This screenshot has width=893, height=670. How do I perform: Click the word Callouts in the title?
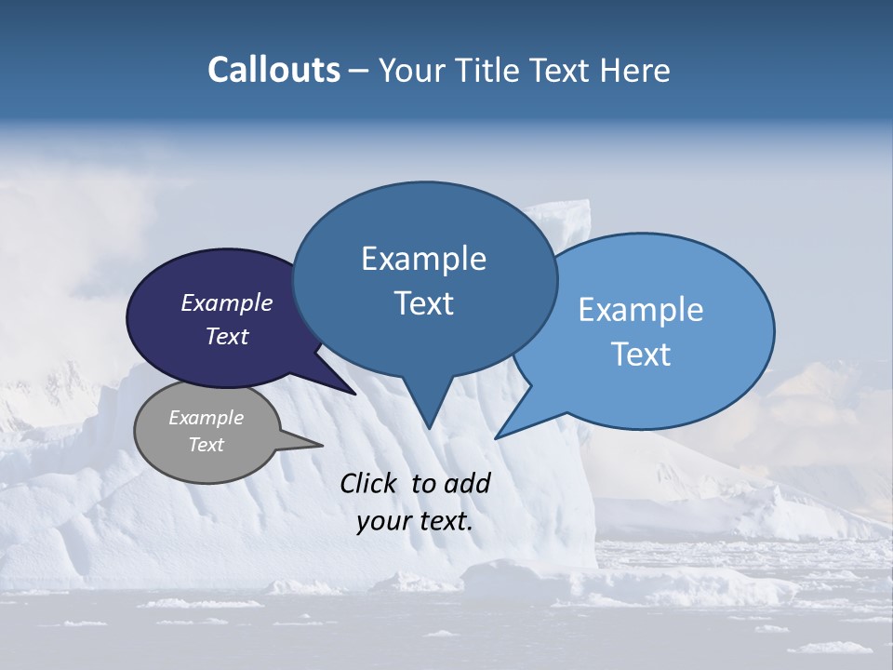pos(273,70)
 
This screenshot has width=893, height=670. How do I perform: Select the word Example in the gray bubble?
pos(206,418)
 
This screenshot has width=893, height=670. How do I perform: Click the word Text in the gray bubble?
pos(206,445)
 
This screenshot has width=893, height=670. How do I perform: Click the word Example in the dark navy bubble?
pos(227,302)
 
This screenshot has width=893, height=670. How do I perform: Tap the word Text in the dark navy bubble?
pos(227,336)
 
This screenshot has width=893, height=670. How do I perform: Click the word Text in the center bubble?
pos(423,303)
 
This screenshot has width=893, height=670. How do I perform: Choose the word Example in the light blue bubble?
pos(641,309)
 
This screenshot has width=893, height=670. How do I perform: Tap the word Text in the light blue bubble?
pos(641,355)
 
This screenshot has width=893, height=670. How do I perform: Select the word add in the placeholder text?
pos(468,483)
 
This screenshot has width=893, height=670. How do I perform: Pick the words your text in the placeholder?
pos(415,522)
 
